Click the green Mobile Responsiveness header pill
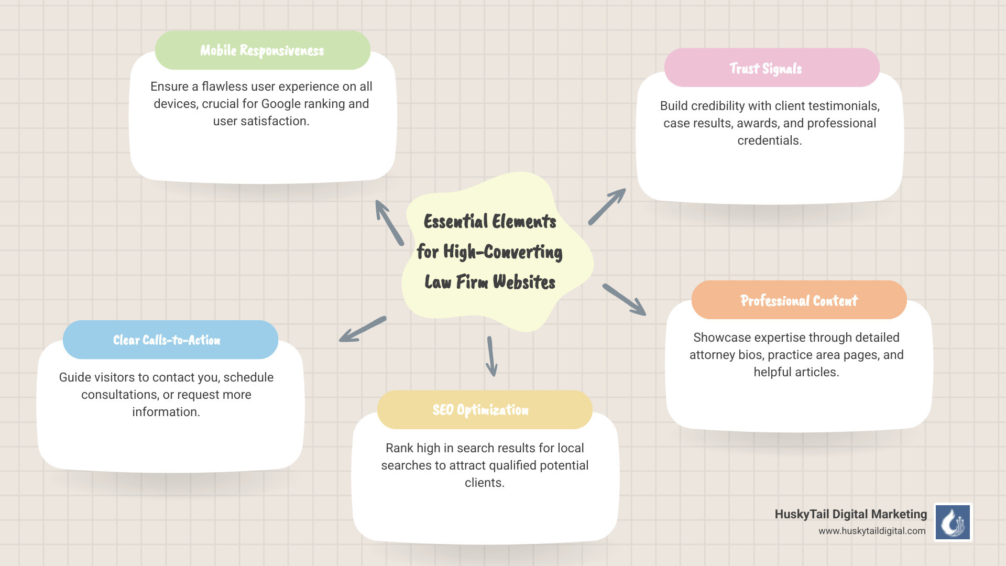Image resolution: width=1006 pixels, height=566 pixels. (263, 50)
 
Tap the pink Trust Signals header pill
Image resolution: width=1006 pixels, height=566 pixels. (771, 68)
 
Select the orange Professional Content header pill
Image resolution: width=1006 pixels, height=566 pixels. (799, 300)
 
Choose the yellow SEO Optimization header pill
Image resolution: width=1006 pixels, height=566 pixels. (484, 410)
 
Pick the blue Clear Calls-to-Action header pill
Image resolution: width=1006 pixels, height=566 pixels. (170, 340)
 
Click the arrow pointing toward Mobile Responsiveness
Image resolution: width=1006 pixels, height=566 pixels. (389, 222)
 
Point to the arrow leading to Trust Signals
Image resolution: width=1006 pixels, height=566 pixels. (607, 206)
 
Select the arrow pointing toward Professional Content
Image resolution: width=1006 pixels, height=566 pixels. (625, 300)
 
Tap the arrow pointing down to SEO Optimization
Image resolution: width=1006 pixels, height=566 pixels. (491, 356)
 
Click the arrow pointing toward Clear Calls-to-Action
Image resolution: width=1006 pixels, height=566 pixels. (363, 329)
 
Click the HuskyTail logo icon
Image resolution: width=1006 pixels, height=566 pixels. (953, 522)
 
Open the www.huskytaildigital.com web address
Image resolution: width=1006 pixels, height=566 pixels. (872, 531)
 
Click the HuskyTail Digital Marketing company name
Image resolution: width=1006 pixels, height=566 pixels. (850, 514)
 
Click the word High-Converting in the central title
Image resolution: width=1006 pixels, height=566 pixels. (502, 252)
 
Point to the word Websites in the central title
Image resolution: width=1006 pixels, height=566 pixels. (523, 282)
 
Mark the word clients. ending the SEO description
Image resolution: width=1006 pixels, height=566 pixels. (484, 483)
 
